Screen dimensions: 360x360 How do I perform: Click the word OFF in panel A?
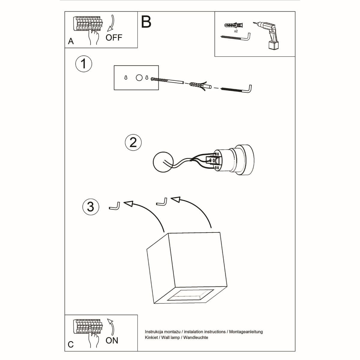(x=114, y=37)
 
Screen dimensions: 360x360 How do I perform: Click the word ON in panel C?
(x=112, y=340)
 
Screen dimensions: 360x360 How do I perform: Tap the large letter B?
(x=146, y=22)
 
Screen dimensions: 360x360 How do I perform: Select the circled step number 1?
(x=83, y=64)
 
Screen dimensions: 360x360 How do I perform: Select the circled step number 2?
(x=133, y=142)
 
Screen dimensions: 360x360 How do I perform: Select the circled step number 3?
(x=90, y=207)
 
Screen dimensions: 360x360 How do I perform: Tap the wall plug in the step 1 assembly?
(x=198, y=85)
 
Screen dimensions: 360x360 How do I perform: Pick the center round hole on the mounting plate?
(x=139, y=78)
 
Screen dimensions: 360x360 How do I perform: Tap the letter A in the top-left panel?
(x=71, y=41)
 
